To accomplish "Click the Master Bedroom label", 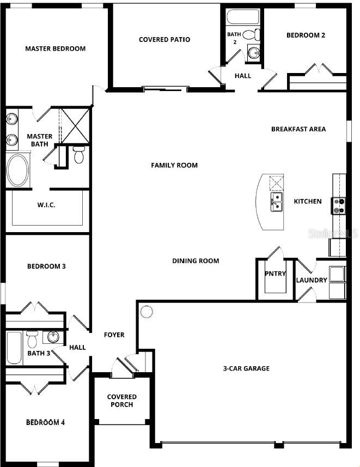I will (x=55, y=48).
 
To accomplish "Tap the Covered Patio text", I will (x=164, y=39).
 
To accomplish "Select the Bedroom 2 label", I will (x=306, y=35).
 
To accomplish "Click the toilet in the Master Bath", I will (x=79, y=154).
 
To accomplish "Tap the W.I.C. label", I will (x=46, y=205).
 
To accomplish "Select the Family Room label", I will (x=174, y=165).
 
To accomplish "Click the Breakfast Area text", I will (x=298, y=129).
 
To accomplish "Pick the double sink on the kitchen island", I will (x=277, y=201).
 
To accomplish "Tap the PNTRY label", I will (x=275, y=274).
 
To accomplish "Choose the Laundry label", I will (x=312, y=280).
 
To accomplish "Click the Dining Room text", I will (x=196, y=260).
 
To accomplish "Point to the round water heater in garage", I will (x=147, y=312).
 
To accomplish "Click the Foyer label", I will (x=114, y=335).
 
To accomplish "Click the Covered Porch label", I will (x=121, y=401).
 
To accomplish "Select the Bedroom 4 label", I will (x=46, y=422).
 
